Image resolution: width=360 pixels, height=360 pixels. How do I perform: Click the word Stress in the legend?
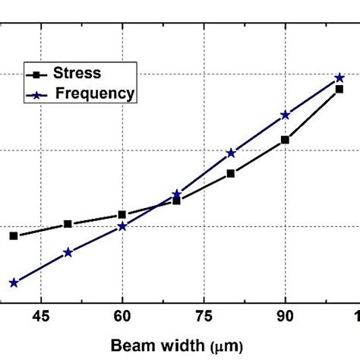[76, 74]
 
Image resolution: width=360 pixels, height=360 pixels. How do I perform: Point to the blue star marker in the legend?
[35, 94]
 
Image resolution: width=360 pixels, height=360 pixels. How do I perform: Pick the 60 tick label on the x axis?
[122, 317]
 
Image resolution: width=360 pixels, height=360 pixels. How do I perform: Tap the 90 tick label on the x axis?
[285, 317]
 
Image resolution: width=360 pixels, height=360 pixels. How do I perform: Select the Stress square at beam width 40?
[13, 236]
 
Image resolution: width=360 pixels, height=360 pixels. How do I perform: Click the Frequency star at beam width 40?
[13, 283]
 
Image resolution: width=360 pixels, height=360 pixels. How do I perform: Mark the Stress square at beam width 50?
[68, 224]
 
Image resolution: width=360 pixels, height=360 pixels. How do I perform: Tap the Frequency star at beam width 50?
[68, 252]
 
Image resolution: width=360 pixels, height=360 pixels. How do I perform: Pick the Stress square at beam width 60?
[122, 215]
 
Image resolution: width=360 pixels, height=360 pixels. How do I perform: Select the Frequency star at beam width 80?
[231, 153]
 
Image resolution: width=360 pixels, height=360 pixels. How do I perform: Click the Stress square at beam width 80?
[231, 174]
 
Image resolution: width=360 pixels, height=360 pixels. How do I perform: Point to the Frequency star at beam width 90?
[286, 115]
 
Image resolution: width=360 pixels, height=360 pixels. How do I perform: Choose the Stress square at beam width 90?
[286, 140]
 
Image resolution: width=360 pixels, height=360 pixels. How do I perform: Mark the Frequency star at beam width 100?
[339, 78]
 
